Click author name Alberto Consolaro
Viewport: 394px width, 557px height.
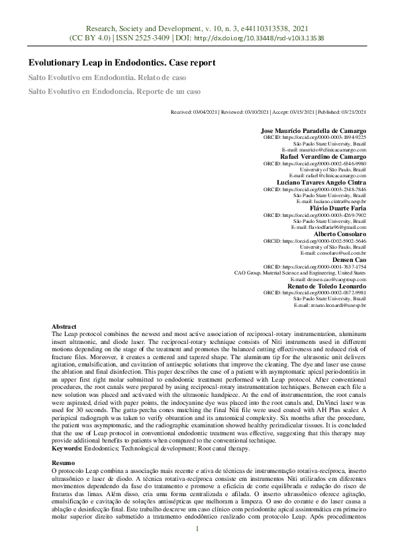pyautogui.click(x=341, y=234)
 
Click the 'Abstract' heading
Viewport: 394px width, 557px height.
pyautogui.click(x=64, y=327)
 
